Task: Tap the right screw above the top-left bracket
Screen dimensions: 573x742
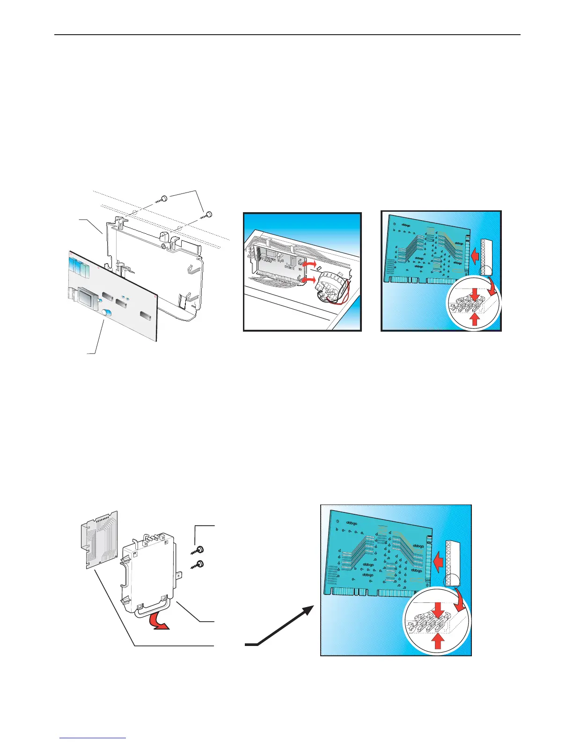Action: click(209, 214)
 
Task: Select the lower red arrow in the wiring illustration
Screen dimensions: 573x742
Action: click(309, 280)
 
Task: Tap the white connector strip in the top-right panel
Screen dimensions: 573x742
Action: click(488, 257)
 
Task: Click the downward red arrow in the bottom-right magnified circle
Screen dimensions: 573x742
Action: click(439, 609)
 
